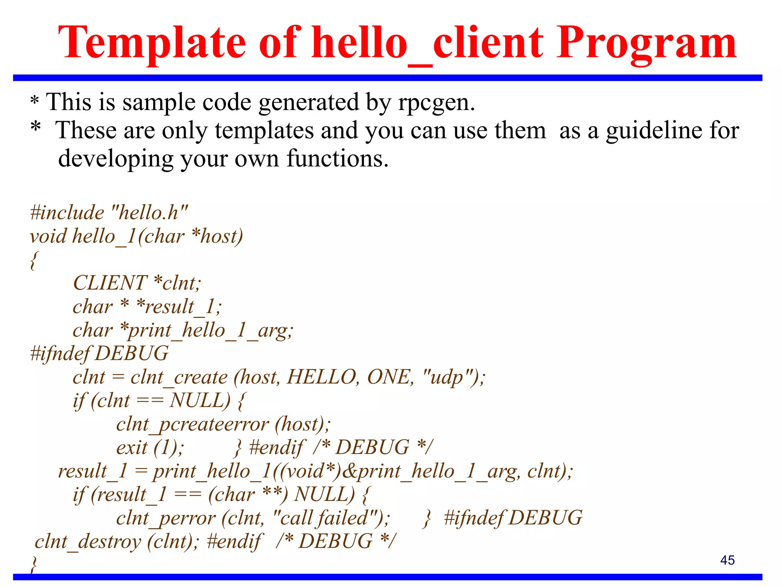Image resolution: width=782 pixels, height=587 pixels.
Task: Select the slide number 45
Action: coord(727,560)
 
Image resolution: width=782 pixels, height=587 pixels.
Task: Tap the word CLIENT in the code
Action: coord(110,283)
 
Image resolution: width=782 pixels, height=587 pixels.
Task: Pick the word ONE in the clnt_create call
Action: coord(390,378)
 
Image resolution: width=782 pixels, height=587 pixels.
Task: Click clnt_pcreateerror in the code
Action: coord(192,425)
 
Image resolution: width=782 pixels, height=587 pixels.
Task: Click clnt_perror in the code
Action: coord(166,519)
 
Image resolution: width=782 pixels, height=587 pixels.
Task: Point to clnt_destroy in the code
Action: coord(88,542)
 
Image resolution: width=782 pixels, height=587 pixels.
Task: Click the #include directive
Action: coord(67,212)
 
